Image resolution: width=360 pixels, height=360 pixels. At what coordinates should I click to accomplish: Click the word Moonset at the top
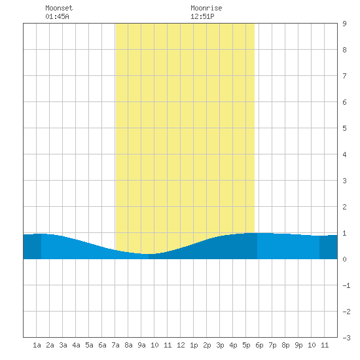(59, 8)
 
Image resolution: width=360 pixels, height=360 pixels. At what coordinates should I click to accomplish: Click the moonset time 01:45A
(57, 16)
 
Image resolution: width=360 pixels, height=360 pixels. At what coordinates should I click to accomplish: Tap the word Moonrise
(206, 8)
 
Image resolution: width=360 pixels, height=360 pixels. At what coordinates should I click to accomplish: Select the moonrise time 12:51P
(202, 16)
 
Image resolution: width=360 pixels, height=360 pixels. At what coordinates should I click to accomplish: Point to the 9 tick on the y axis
(344, 24)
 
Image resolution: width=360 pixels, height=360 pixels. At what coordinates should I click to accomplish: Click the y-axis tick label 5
(344, 128)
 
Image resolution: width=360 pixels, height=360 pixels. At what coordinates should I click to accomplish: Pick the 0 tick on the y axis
(344, 259)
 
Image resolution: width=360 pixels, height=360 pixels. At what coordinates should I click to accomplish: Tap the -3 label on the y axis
(346, 338)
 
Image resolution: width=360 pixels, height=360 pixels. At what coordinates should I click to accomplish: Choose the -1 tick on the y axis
(346, 285)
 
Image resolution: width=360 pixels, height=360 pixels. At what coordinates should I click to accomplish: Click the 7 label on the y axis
(344, 76)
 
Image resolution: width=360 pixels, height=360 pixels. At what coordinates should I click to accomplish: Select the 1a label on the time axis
(37, 345)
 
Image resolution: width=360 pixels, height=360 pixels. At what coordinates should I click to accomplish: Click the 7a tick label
(115, 345)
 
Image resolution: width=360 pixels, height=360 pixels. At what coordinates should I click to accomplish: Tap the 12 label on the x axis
(181, 345)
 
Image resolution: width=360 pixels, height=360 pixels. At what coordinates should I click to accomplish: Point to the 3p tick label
(220, 345)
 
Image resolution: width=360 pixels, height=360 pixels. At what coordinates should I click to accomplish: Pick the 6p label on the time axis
(259, 345)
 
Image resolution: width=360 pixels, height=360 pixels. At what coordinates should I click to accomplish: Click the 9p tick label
(298, 345)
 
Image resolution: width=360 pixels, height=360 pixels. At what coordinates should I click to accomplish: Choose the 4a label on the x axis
(76, 345)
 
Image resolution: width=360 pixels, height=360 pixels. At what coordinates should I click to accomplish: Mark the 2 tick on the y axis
(344, 207)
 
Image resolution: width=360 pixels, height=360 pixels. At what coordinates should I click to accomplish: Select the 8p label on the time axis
(285, 345)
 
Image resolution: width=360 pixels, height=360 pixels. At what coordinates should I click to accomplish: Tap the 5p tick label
(246, 345)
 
